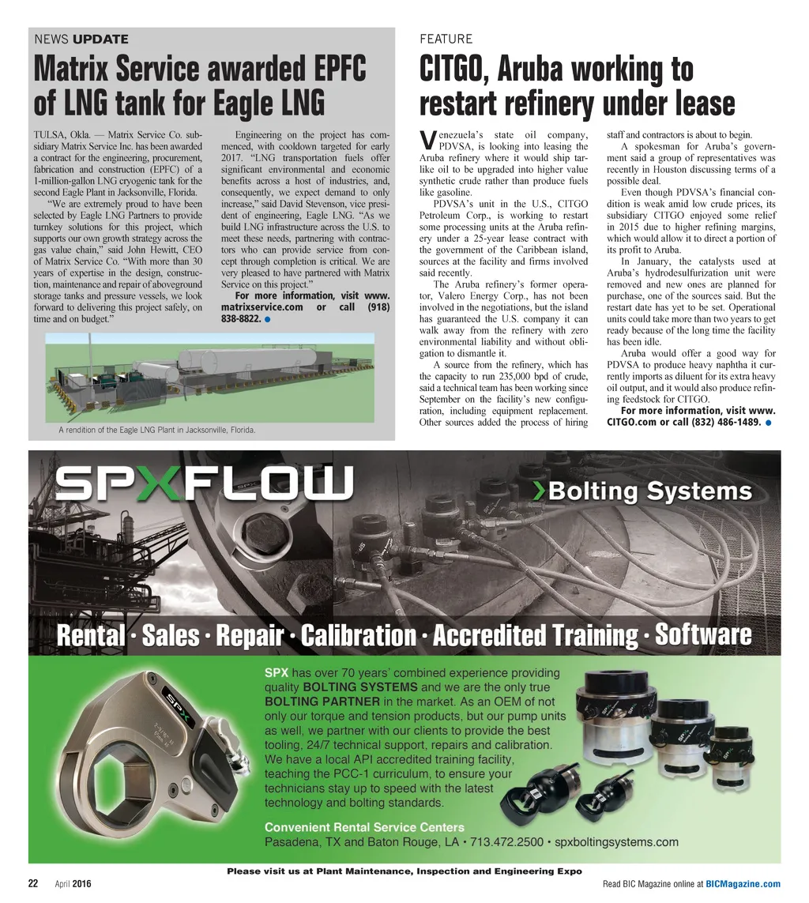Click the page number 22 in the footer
click(x=33, y=884)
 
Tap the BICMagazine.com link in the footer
click(x=743, y=884)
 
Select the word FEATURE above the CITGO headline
click(x=446, y=39)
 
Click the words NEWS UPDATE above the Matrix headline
click(x=81, y=39)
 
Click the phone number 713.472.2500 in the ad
click(x=507, y=842)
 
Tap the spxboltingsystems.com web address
click(x=617, y=842)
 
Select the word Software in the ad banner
click(x=703, y=634)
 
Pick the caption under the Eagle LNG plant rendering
click(x=156, y=431)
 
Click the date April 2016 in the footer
click(x=73, y=884)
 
